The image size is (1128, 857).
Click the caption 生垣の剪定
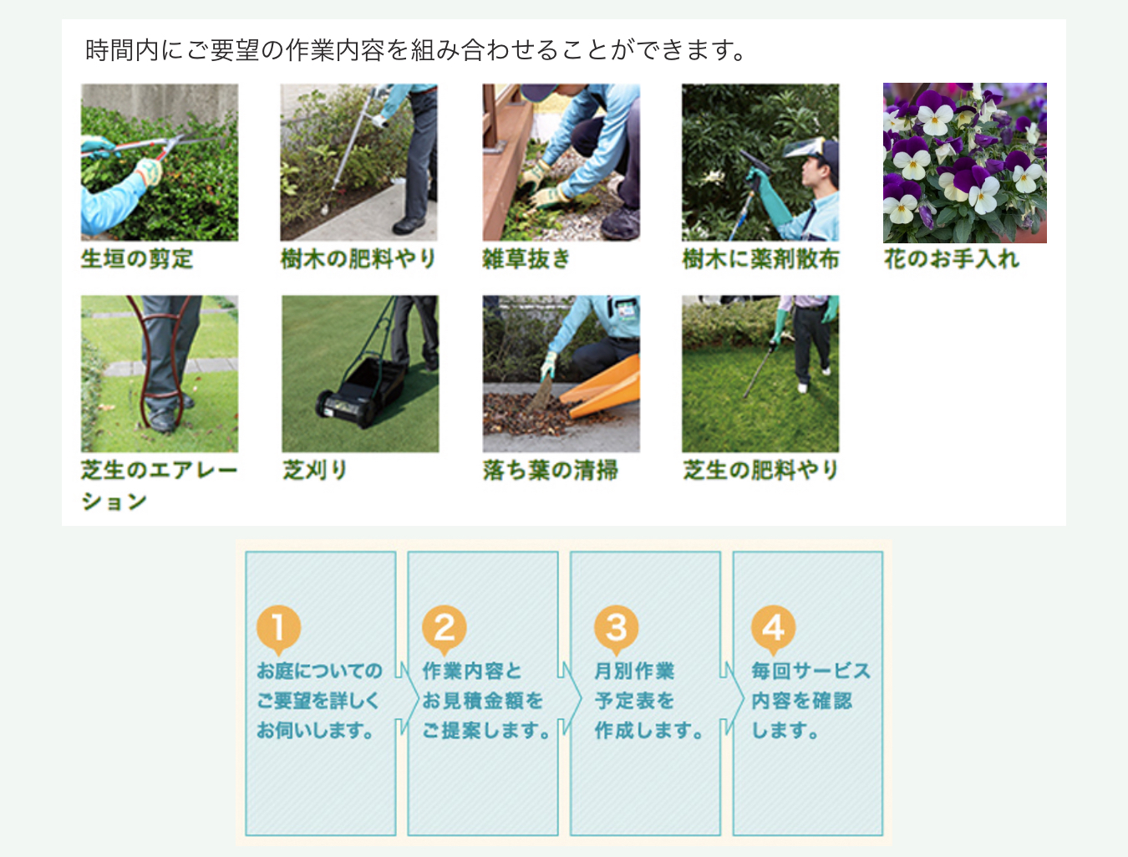[x=137, y=258]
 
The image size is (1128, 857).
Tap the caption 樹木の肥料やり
[x=358, y=258]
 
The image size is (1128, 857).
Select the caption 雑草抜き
[x=526, y=258]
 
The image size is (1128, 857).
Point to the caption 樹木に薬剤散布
[x=760, y=258]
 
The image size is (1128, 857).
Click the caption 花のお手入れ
[x=951, y=258]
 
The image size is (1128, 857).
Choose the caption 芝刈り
[x=314, y=470]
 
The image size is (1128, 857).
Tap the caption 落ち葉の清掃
[x=551, y=470]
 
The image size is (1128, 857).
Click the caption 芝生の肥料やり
[x=760, y=470]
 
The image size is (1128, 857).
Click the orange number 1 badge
[x=278, y=628]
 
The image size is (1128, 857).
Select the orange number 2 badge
[x=445, y=628]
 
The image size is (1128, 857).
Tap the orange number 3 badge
[x=616, y=628]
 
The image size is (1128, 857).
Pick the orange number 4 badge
[x=774, y=628]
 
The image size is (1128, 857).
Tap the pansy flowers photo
[x=964, y=163]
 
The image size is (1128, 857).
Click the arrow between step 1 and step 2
[x=408, y=699]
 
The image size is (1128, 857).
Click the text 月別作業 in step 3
[x=634, y=671]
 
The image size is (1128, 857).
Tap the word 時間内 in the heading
[x=122, y=50]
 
